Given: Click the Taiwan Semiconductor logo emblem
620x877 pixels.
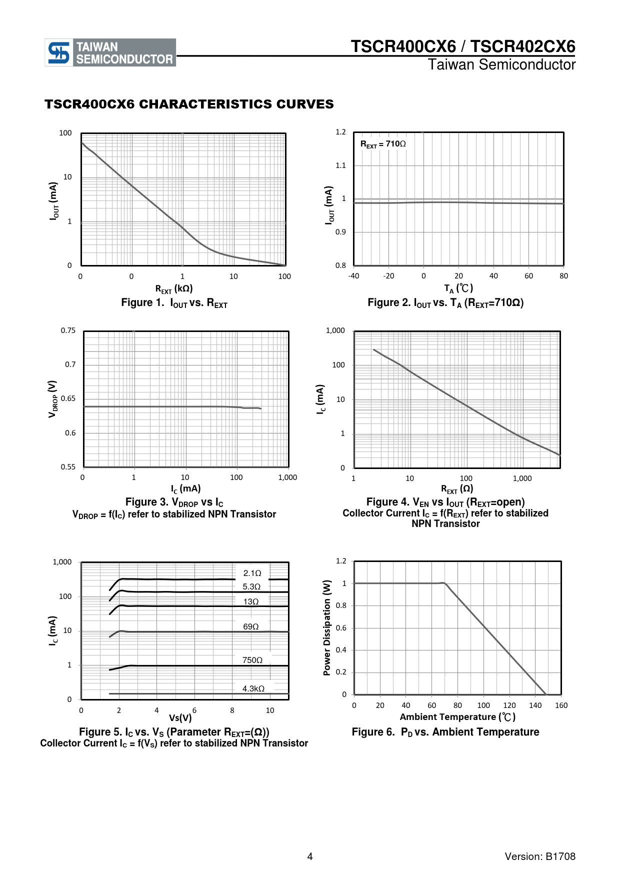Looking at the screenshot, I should pos(58,52).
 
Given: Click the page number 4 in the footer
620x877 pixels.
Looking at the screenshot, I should pos(310,856).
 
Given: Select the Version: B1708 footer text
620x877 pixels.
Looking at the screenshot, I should pos(540,856).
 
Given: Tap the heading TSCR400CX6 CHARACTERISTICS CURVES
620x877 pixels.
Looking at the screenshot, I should pos(189,104).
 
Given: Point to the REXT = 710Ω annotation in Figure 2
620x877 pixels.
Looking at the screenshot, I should pos(383,144).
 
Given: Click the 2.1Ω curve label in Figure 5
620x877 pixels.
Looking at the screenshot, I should pos(252,573).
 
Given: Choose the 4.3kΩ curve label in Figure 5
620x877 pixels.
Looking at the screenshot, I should pos(253,688).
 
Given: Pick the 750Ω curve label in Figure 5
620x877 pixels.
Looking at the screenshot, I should pos(252,660).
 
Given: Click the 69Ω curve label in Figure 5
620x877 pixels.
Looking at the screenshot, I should pos(250,626).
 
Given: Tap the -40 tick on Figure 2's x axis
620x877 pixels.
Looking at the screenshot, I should pos(353,276).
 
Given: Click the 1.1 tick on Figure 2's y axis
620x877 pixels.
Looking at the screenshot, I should pos(340,165).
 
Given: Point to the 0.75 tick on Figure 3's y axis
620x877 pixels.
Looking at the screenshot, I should pos(68,330).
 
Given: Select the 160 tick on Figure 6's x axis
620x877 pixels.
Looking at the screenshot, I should pos(561,705).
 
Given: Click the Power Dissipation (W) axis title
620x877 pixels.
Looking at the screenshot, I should pos(327,627).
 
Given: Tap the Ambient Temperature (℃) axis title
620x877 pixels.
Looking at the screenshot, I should pos(457,717).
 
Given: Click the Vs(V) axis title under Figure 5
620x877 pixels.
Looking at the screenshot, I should pos(180,718).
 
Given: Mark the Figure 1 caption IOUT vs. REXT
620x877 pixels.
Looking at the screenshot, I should pos(174,303).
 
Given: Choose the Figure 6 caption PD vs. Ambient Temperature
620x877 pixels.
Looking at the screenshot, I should pos(445,732).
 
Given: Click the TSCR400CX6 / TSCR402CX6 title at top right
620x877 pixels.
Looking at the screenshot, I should pos(462,46).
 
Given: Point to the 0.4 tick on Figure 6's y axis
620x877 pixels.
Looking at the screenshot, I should pos(341,650).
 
